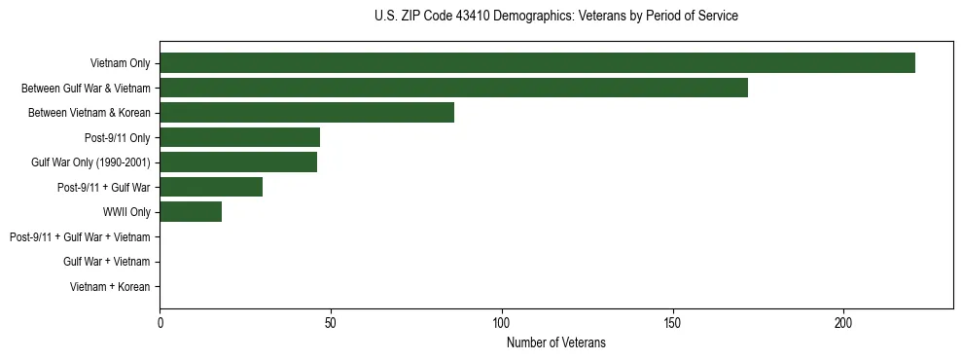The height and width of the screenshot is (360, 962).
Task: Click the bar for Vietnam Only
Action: pyautogui.click(x=537, y=63)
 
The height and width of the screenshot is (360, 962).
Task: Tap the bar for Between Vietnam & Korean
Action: pyautogui.click(x=306, y=113)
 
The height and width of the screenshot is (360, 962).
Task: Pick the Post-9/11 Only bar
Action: pyautogui.click(x=239, y=137)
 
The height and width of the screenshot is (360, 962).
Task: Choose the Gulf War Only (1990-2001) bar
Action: pyautogui.click(x=238, y=162)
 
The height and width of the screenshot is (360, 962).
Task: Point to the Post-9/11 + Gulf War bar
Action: pyautogui.click(x=211, y=187)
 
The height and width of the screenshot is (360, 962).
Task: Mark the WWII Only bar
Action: pyautogui.click(x=191, y=212)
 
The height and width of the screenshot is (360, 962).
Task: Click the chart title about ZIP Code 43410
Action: pyautogui.click(x=555, y=17)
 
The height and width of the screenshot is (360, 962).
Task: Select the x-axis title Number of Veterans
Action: pyautogui.click(x=555, y=342)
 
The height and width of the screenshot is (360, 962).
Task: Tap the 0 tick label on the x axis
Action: pyautogui.click(x=160, y=322)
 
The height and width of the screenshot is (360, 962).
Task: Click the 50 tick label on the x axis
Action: pyautogui.click(x=331, y=322)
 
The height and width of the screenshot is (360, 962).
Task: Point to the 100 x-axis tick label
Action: pyautogui.click(x=502, y=322)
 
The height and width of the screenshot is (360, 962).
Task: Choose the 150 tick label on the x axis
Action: pyautogui.click(x=672, y=322)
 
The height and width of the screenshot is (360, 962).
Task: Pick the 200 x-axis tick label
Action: pyautogui.click(x=843, y=322)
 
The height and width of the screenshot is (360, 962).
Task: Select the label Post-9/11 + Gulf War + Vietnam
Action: pyautogui.click(x=80, y=237)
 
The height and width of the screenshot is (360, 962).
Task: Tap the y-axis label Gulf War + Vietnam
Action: pyautogui.click(x=106, y=262)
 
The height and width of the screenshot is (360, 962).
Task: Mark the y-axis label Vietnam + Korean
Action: pyautogui.click(x=110, y=287)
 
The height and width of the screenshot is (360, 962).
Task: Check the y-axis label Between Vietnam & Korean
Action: pyautogui.click(x=89, y=113)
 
